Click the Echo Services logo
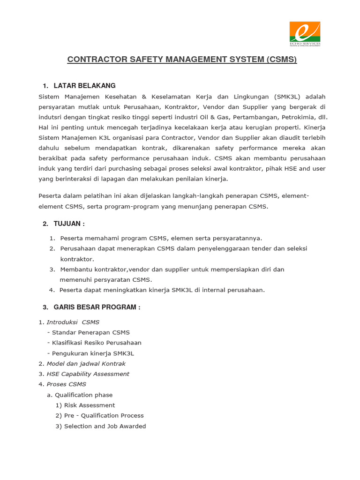(x=305, y=34)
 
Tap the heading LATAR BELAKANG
(x=84, y=86)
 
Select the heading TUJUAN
(x=69, y=224)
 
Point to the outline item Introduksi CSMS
(x=73, y=322)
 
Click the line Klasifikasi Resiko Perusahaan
(x=97, y=343)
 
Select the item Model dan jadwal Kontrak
(x=86, y=364)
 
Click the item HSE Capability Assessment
(x=88, y=374)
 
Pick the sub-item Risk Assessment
(x=89, y=405)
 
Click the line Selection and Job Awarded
(x=105, y=427)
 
